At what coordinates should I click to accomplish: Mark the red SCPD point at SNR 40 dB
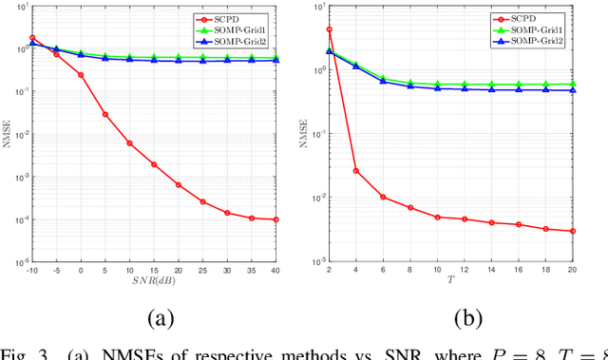[x=275, y=219]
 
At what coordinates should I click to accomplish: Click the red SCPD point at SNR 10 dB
[x=129, y=143]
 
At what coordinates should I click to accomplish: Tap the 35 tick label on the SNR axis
[x=251, y=272]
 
